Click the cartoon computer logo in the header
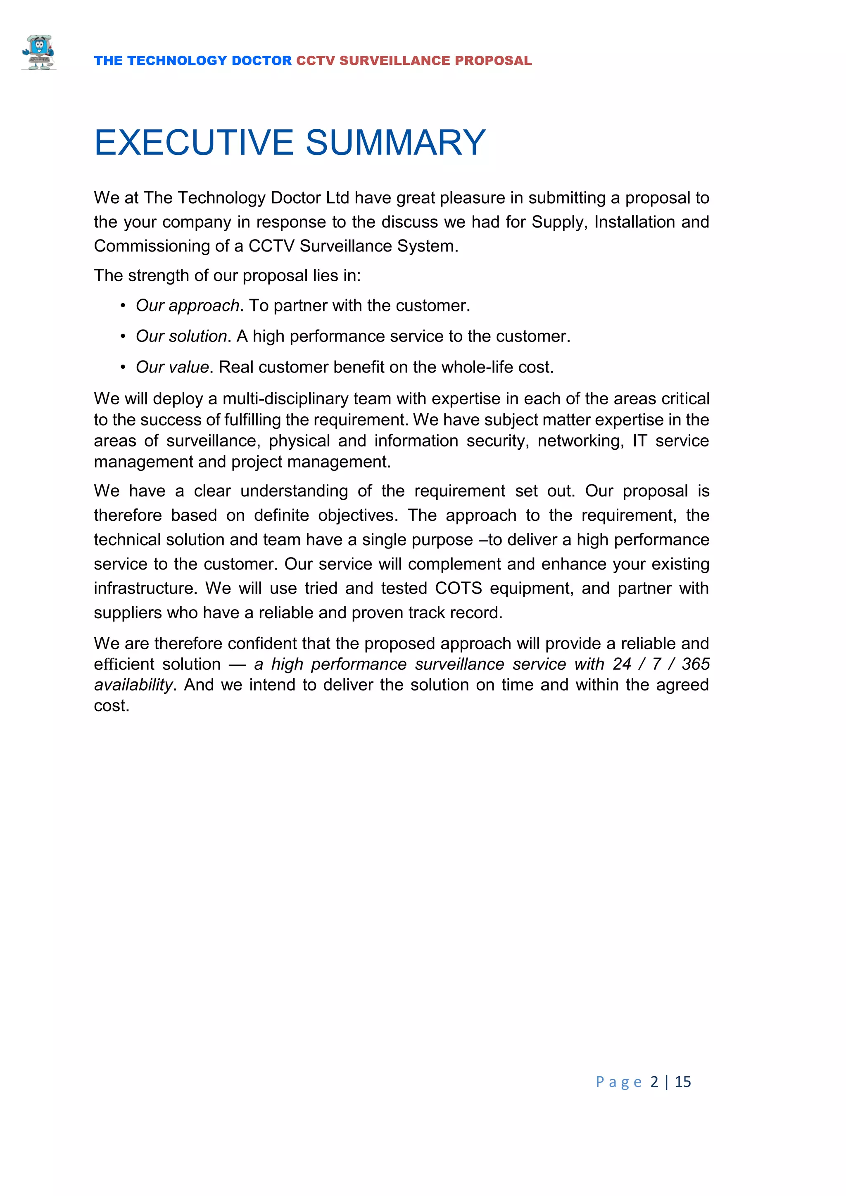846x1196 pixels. (38, 52)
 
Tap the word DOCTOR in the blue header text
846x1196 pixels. (261, 61)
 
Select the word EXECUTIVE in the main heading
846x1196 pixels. (194, 143)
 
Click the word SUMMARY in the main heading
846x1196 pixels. (395, 143)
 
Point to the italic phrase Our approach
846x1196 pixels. (187, 306)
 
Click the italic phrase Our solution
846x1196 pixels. (181, 337)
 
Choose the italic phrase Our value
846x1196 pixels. (172, 367)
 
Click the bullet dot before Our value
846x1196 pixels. (123, 367)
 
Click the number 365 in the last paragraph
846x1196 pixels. (696, 664)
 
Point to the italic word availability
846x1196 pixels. (133, 685)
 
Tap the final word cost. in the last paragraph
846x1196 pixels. (112, 706)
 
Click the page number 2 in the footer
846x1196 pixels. (654, 1082)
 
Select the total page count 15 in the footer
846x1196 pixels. (682, 1082)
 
